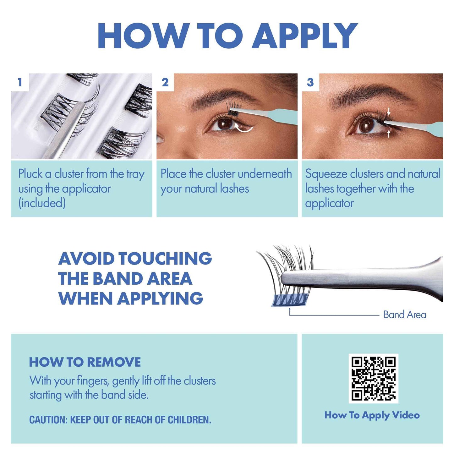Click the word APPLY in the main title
coord(305,36)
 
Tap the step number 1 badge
coord(20,82)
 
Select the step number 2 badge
coord(165,82)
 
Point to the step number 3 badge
coord(310,82)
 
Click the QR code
coord(373,378)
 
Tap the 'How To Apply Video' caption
coord(372,415)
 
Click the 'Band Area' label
coord(405,315)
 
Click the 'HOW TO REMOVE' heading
coord(85,362)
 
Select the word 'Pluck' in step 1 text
coord(30,174)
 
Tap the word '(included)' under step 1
coord(42,203)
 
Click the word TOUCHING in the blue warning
coord(165,259)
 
